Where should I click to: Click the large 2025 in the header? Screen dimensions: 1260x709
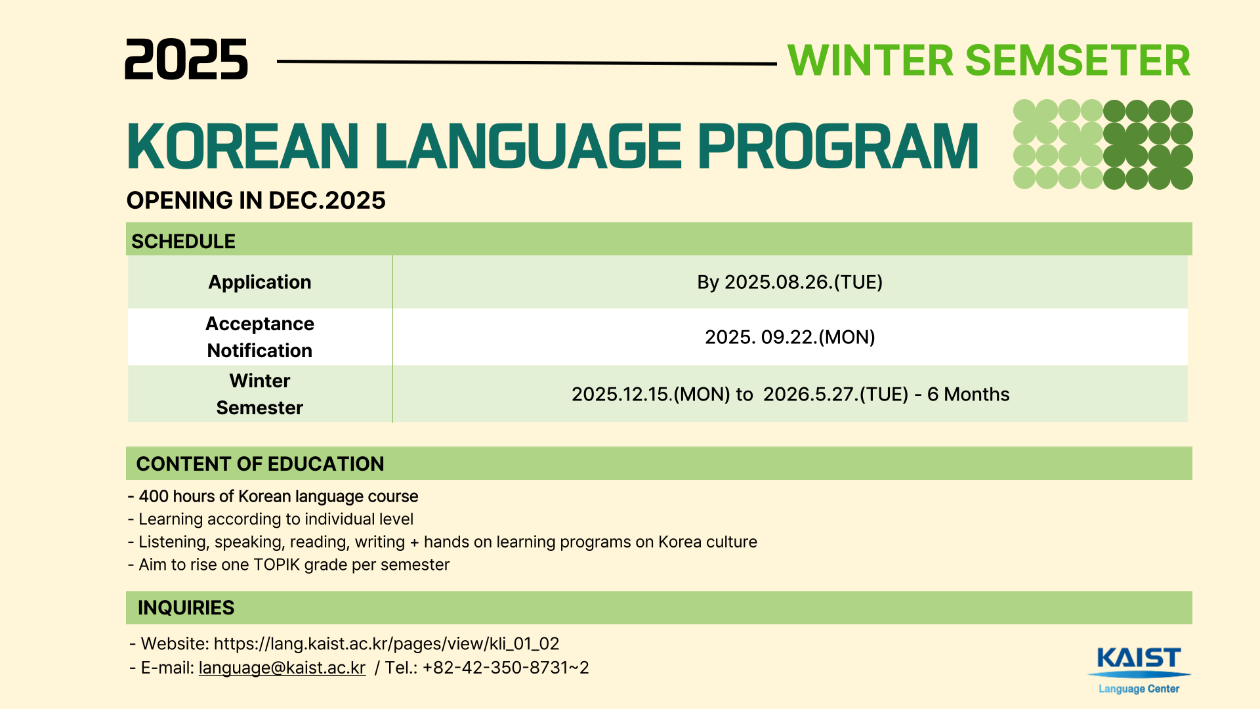[186, 59]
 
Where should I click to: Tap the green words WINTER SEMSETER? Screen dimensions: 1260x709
[989, 60]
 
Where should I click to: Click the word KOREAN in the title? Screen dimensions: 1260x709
[243, 146]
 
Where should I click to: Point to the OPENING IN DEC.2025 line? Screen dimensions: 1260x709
[256, 200]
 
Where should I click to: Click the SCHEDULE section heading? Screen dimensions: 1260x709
[183, 242]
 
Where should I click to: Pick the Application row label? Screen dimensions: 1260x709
[260, 282]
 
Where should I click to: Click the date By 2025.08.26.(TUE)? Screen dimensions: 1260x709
[789, 282]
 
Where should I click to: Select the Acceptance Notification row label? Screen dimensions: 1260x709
[260, 337]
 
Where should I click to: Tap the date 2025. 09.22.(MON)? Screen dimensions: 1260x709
[790, 337]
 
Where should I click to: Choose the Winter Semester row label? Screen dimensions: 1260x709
[260, 394]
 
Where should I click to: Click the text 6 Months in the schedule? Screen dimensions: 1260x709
[968, 395]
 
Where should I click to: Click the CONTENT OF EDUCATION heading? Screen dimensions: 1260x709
[260, 464]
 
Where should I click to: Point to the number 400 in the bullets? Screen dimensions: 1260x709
[154, 496]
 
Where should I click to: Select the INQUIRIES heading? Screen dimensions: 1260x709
[186, 608]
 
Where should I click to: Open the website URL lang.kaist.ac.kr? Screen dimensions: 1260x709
[387, 644]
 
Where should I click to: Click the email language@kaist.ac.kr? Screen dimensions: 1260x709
[282, 668]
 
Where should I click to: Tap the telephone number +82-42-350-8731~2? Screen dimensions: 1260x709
[505, 668]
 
